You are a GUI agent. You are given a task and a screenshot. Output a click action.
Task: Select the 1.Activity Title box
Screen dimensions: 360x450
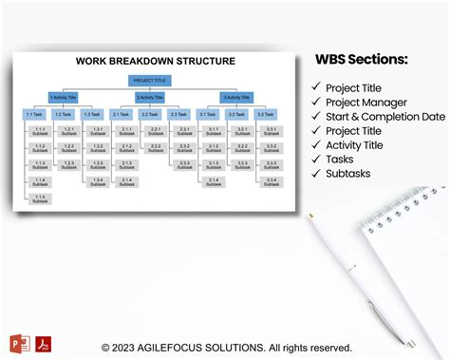pos(63,97)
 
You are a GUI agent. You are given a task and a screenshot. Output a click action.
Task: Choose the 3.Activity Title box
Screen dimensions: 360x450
pos(237,97)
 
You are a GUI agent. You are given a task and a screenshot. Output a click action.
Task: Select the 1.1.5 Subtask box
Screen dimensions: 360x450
pos(39,199)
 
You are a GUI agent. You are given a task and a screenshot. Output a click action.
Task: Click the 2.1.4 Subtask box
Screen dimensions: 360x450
pos(125,181)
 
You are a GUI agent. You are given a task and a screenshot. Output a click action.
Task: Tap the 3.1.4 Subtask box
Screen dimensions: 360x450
pos(213,181)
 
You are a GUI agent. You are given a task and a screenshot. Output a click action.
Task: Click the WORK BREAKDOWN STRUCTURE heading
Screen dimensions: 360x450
pos(155,61)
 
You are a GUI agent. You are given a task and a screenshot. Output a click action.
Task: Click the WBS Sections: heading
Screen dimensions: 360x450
pos(362,60)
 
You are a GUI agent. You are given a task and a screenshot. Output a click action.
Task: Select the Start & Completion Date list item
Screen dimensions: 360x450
pos(385,117)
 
